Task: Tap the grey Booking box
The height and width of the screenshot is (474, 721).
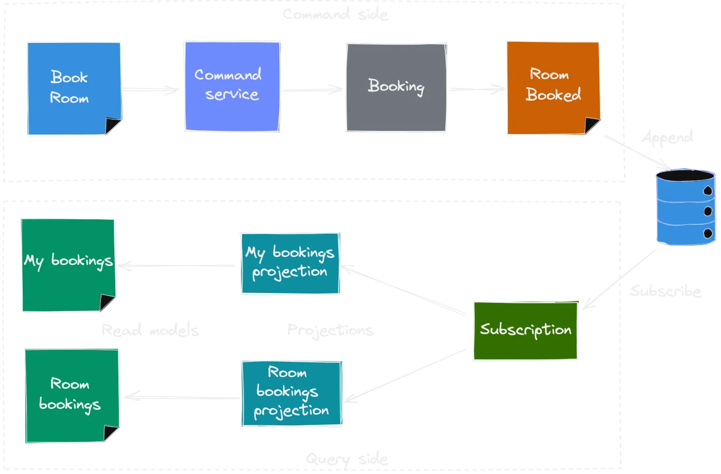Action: point(396,88)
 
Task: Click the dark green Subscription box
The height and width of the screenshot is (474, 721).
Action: point(525,330)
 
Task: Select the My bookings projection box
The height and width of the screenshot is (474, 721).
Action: point(290,263)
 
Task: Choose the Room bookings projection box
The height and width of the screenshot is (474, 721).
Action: point(291,393)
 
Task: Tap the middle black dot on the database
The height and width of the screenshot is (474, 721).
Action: point(708,211)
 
